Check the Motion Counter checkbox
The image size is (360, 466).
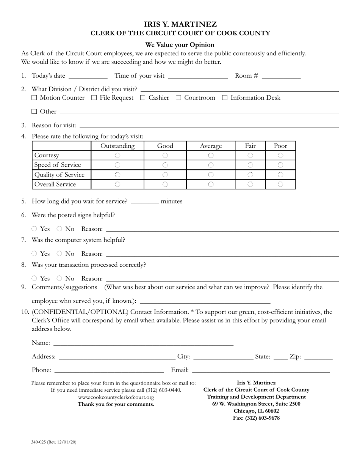pos(34,98)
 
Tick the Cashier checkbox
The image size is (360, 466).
pos(143,98)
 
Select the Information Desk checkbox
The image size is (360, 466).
pos(225,98)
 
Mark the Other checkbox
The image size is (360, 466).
pos(34,111)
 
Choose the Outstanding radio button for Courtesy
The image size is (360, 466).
pos(117,155)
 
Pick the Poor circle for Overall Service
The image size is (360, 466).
pos(280,184)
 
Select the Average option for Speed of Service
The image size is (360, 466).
pos(211,165)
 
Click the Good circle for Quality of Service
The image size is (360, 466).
pos(165,175)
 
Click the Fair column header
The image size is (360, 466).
pos(250,146)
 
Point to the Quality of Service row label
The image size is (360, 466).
pos(59,175)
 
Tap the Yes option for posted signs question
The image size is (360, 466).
pos(34,229)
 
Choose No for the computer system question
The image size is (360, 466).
pos(59,253)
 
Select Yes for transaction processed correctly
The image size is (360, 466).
pos(34,278)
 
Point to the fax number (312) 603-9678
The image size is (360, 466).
pos(256,418)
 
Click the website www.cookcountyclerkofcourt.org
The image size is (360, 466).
pos(116,397)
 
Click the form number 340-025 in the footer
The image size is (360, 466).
pos(39,442)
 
